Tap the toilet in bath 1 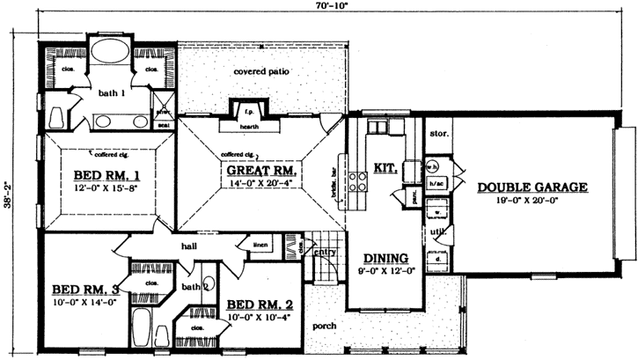55,117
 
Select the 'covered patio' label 262,71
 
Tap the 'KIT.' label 385,166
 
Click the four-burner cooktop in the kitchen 358,182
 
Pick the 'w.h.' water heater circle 432,165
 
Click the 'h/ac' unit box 435,184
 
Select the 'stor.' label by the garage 440,135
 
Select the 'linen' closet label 259,245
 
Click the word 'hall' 187,246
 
